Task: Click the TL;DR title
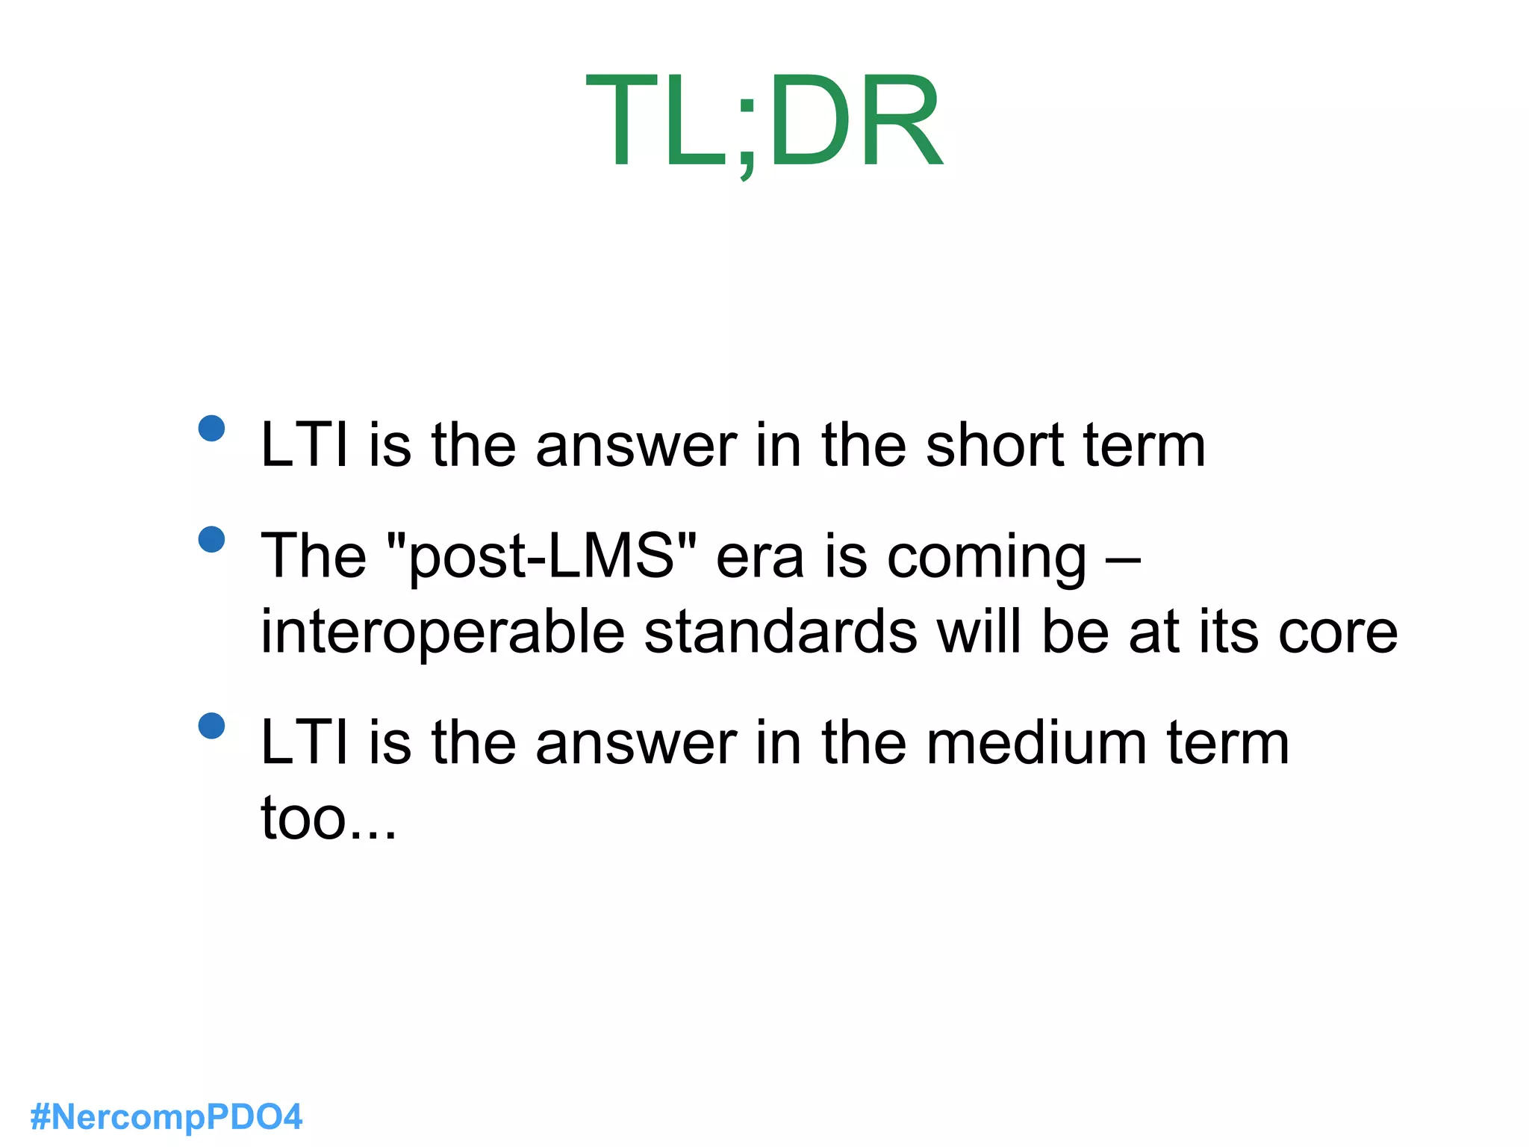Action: [x=764, y=122]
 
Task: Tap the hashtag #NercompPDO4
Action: [x=166, y=1117]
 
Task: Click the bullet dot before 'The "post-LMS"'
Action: [x=212, y=539]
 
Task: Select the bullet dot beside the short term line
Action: [x=212, y=428]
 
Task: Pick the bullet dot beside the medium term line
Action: [x=212, y=725]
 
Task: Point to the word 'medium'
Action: [x=1036, y=743]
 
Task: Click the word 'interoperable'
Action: [x=442, y=632]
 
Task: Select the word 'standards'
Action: [x=780, y=632]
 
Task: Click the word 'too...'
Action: [x=328, y=818]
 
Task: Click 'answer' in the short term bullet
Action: [x=636, y=447]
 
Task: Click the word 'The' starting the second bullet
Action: [x=314, y=556]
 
